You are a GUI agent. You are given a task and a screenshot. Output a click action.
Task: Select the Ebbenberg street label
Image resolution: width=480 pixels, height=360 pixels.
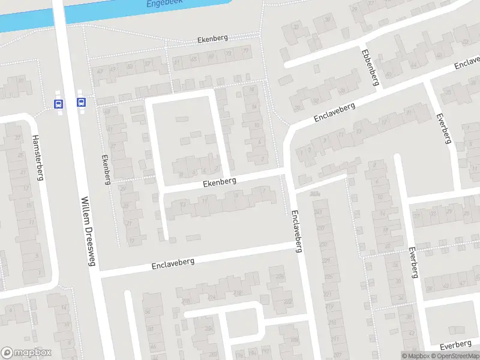click(x=369, y=67)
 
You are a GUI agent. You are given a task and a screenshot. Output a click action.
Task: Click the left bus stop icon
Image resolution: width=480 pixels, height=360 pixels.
click(x=58, y=103)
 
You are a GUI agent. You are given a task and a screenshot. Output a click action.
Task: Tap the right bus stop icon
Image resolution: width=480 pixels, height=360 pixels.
click(x=81, y=103)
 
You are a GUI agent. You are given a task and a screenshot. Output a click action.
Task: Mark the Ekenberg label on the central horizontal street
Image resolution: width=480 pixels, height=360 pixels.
click(x=220, y=180)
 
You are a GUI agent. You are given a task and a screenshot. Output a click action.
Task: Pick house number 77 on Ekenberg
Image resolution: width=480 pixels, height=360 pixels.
click(x=247, y=50)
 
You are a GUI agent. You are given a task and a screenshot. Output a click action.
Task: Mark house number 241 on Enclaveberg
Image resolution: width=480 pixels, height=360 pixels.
click(x=317, y=212)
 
